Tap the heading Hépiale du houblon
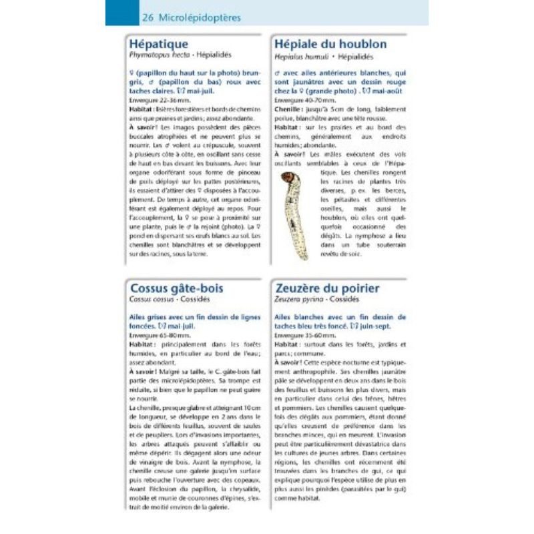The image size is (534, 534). point(330,44)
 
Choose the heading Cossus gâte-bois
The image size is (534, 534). point(177,288)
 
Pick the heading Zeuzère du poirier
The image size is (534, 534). point(327,288)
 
